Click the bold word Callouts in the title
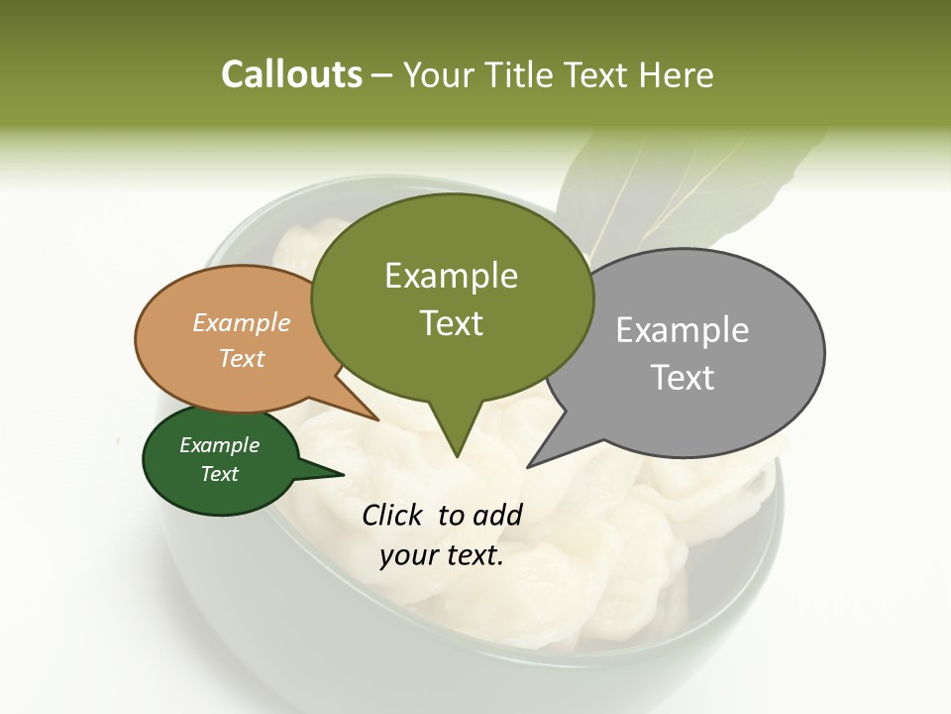pyautogui.click(x=291, y=74)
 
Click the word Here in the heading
pyautogui.click(x=677, y=74)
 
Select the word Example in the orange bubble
pyautogui.click(x=242, y=322)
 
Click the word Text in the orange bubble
pyautogui.click(x=242, y=358)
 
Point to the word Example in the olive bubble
pyautogui.click(x=451, y=276)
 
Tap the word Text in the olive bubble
pyautogui.click(x=451, y=323)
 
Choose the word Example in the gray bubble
pyautogui.click(x=683, y=330)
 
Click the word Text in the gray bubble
pyautogui.click(x=683, y=378)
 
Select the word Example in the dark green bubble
pyautogui.click(x=219, y=445)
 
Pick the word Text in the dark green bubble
pyautogui.click(x=219, y=474)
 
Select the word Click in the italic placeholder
pyautogui.click(x=393, y=515)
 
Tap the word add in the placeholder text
pyautogui.click(x=497, y=515)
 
